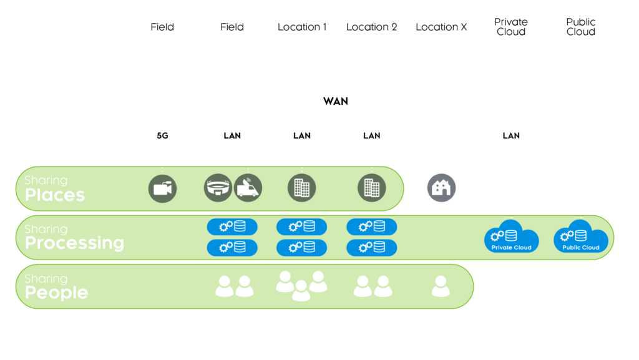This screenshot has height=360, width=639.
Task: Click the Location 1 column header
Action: pos(302,27)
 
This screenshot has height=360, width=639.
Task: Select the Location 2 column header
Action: pos(371,27)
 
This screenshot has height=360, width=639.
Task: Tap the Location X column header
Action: pos(441,27)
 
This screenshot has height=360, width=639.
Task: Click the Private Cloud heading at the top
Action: pos(511,27)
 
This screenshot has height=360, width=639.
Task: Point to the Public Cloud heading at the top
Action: pos(581,27)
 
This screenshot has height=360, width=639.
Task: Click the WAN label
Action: pos(336,101)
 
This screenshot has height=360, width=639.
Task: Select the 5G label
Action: pos(162,135)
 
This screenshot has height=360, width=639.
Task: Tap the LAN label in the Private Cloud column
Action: pos(511,135)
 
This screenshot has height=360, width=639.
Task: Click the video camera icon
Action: pos(162,188)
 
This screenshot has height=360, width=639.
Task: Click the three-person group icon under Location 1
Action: pos(301,286)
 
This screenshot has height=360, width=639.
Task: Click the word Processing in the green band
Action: pos(74,243)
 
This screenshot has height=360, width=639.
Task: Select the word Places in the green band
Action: pos(55,195)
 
